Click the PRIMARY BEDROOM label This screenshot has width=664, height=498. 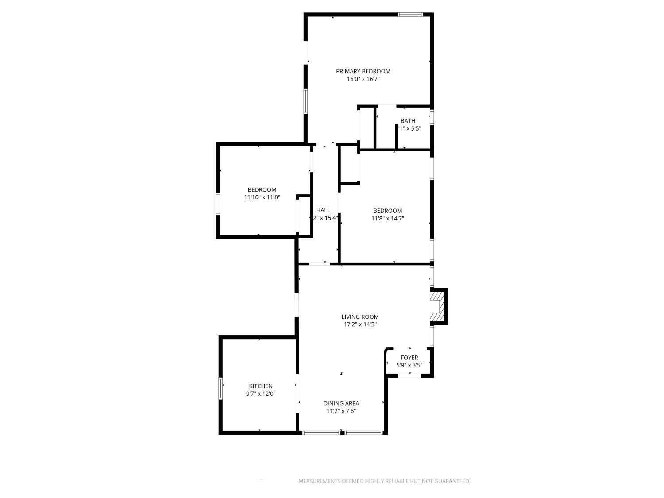coord(363,71)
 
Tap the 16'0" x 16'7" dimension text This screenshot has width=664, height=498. coord(363,79)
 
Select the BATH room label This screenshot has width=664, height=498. coord(408,121)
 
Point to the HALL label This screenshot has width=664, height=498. coord(323,210)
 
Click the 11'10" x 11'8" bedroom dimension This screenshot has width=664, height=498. coord(262,197)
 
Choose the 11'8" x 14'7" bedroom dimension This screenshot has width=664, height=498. coord(387,218)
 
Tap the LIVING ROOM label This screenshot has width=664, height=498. coord(360,317)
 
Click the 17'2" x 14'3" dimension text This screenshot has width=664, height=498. coord(360,324)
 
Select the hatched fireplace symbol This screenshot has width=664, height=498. coord(438,306)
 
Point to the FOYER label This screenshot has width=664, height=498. coord(409,358)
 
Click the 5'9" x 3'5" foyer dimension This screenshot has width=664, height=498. coord(409,365)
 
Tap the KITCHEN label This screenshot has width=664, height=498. coord(261,386)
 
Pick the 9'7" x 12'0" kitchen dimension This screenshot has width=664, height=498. coord(261,394)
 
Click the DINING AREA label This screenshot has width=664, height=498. coord(341,403)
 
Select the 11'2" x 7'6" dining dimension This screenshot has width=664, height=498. coord(341,411)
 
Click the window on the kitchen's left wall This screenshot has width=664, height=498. coord(220,389)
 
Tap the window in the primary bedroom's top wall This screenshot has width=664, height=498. coord(410,15)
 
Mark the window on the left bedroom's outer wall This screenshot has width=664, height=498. coord(218,204)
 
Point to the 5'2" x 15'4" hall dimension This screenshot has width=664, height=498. coord(324,218)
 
